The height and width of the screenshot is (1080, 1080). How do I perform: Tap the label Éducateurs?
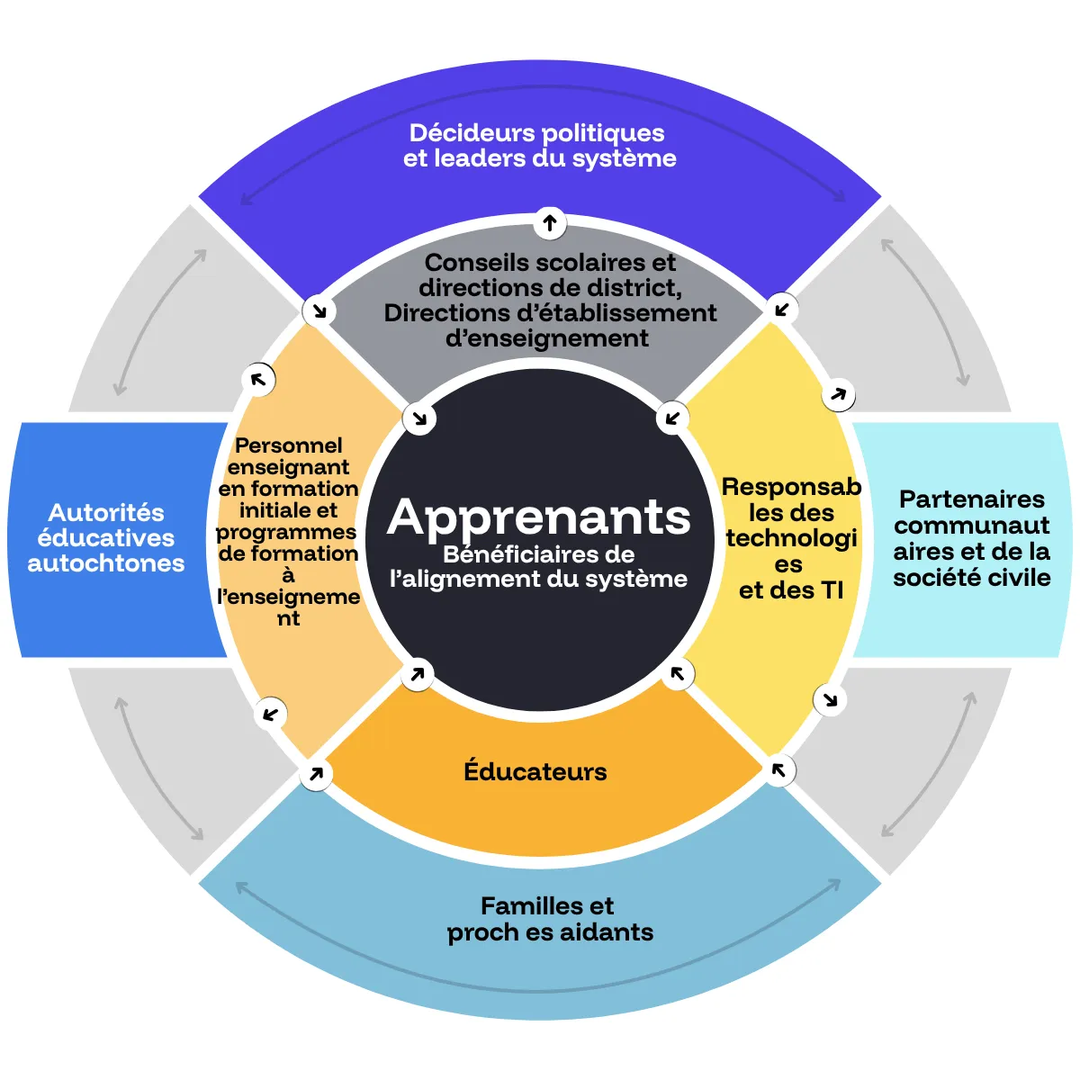(x=535, y=770)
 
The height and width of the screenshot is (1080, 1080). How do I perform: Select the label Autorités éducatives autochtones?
(x=106, y=538)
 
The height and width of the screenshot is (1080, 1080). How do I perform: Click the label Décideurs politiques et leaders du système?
(x=539, y=146)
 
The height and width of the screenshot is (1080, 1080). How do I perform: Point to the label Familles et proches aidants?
(x=550, y=920)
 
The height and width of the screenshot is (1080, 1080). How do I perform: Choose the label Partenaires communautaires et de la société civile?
(x=972, y=538)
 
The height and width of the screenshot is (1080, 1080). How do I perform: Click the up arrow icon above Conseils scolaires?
(x=550, y=223)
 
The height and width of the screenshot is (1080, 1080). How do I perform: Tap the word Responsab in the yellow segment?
(x=791, y=487)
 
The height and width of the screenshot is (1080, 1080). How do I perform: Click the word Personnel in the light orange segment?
(x=289, y=445)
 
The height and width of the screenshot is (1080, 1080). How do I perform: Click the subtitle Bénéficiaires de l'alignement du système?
(x=538, y=567)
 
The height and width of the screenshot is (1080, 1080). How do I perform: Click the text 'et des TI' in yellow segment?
(x=791, y=590)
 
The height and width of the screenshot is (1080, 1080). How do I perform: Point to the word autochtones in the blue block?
(x=106, y=563)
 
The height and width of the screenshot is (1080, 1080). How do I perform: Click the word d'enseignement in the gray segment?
(x=547, y=338)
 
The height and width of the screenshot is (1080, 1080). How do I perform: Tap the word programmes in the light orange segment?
(x=286, y=533)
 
